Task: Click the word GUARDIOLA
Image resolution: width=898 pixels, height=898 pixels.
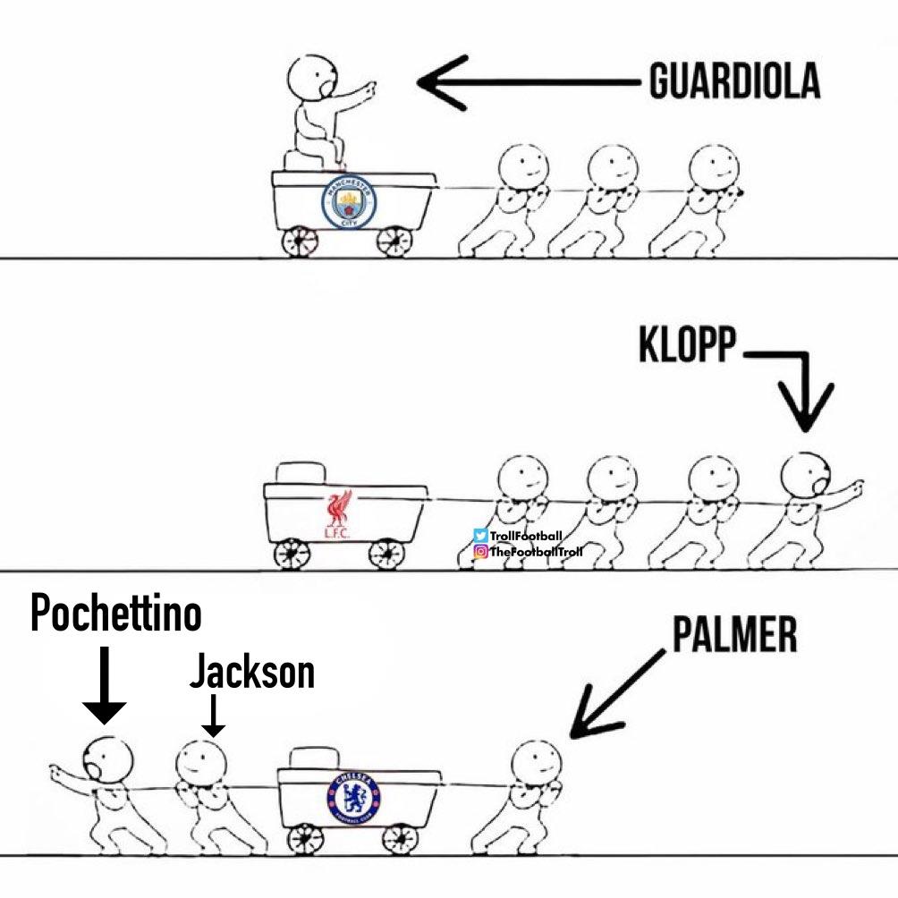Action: (x=733, y=83)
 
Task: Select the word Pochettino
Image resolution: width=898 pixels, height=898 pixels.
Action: (x=116, y=615)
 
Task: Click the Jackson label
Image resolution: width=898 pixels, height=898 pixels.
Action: (x=252, y=673)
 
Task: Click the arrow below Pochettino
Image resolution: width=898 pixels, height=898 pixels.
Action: (x=105, y=684)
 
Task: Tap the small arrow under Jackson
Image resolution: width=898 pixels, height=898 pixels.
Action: (x=212, y=716)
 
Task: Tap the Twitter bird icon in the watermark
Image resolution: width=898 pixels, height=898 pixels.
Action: (x=480, y=536)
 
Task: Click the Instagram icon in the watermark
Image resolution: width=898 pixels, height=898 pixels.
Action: (x=480, y=551)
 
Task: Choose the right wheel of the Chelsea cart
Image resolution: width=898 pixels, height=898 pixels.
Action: (x=399, y=838)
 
